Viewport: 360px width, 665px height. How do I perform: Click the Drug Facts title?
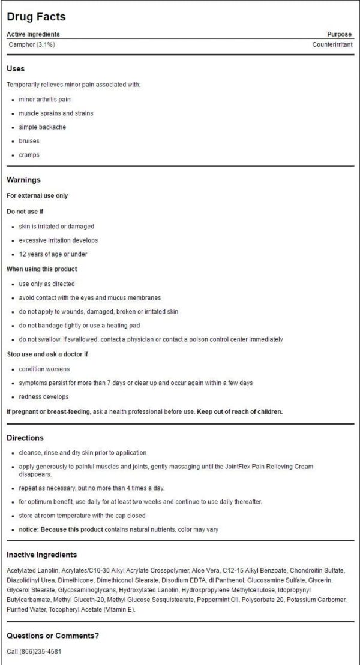[36, 17]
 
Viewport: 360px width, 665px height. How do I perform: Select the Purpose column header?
[340, 34]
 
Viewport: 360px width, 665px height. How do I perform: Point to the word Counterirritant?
[332, 44]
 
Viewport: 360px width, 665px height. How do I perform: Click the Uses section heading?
[16, 68]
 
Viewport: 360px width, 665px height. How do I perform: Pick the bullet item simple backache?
[42, 127]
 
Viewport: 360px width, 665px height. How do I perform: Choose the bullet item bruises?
[29, 141]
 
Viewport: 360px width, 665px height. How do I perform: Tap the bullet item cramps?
[29, 155]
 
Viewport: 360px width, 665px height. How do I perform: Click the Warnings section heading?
[23, 180]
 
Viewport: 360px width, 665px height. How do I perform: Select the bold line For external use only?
[37, 196]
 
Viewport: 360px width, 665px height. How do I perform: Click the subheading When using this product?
[42, 269]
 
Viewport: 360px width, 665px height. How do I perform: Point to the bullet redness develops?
[44, 396]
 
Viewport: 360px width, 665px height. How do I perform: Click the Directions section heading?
[25, 438]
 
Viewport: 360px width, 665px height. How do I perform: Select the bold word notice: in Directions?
[29, 529]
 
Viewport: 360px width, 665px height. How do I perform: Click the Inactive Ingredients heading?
[42, 555]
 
